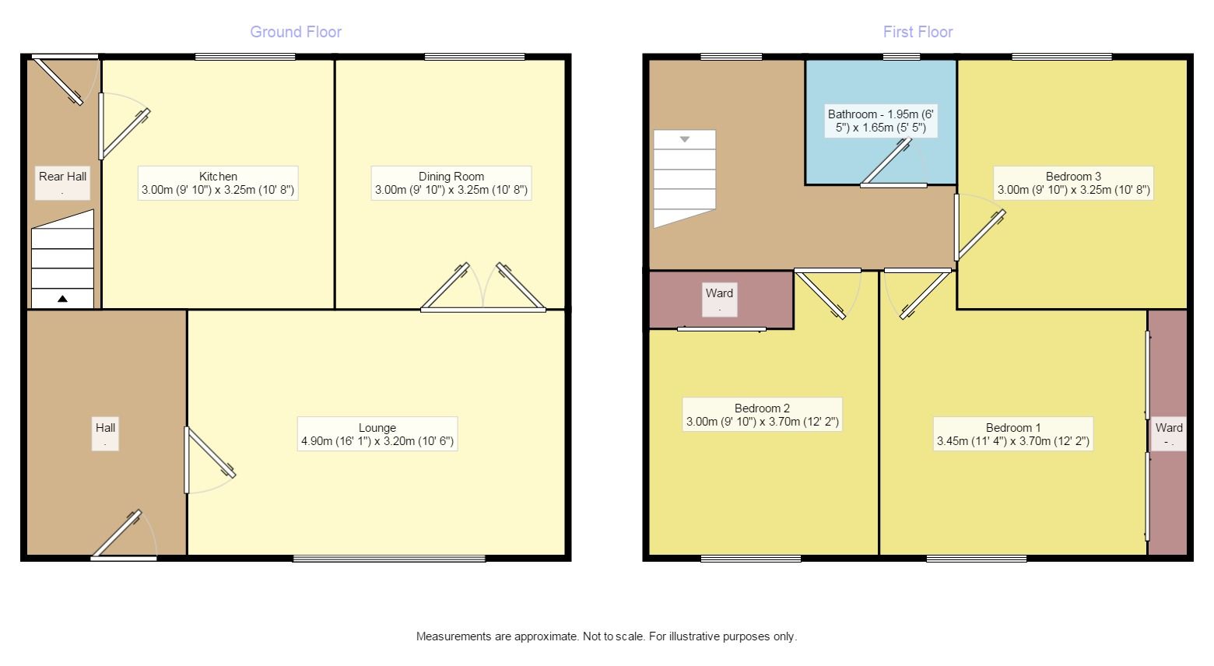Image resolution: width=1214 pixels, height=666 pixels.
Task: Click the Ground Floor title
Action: click(296, 32)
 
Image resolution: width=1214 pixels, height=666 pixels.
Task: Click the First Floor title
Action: click(918, 32)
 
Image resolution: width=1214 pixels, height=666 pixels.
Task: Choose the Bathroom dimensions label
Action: click(881, 121)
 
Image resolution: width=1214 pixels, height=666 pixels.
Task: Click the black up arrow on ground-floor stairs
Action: click(63, 299)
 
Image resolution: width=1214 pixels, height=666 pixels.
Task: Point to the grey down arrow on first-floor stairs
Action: click(685, 139)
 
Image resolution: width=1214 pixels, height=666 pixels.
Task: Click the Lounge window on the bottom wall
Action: click(389, 559)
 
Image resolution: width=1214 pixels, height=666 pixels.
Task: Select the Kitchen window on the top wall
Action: click(245, 56)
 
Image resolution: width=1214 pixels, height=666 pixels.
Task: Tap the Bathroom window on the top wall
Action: click(901, 56)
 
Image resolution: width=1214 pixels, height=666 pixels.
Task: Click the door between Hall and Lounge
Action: click(209, 460)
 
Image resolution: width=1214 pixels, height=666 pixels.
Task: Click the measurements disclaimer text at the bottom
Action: click(606, 636)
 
